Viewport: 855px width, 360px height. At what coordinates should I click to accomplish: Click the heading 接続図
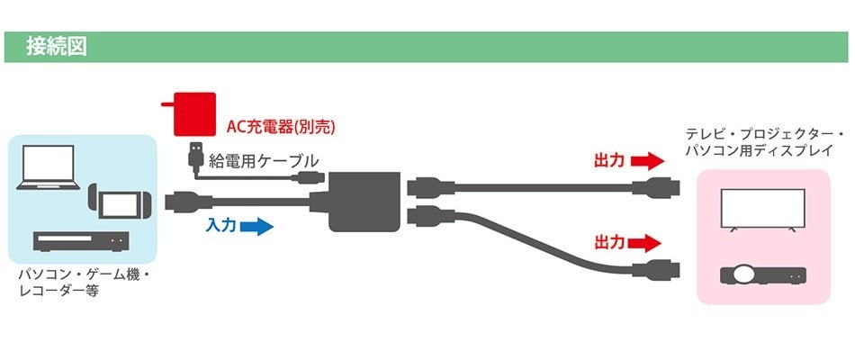coord(56,47)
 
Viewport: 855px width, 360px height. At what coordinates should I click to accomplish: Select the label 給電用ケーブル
coord(263,161)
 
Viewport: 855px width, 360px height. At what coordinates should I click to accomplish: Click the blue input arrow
coord(256,227)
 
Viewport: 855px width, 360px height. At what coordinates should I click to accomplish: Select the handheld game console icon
coord(112,202)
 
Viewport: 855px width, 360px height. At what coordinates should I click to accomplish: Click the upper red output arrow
coord(645,162)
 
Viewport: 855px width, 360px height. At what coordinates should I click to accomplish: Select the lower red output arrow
coord(645,242)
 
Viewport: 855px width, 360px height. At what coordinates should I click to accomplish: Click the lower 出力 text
coord(609,242)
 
